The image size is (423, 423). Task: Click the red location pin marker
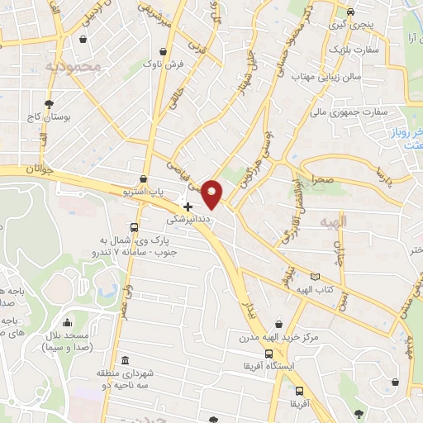212,194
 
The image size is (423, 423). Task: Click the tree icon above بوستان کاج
50,104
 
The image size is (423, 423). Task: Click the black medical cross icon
188,206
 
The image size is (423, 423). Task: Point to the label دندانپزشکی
189,221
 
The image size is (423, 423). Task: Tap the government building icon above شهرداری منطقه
124,360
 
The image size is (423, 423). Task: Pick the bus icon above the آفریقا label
299,391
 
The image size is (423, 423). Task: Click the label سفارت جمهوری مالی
338,110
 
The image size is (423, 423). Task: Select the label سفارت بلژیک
357,50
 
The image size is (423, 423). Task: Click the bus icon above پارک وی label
134,227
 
